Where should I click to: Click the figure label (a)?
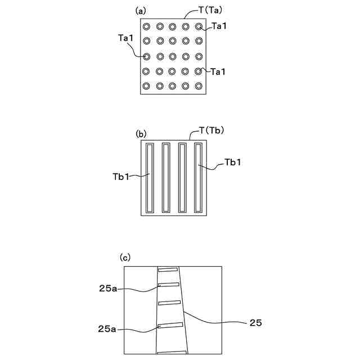(141, 11)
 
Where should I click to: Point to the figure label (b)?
(141, 134)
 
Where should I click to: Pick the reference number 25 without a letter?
(255, 323)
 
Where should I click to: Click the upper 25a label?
(108, 289)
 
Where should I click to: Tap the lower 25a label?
(108, 329)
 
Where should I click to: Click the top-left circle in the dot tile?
(146, 26)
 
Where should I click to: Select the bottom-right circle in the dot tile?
(199, 86)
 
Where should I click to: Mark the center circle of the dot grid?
(172, 56)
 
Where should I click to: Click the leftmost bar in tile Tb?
(149, 178)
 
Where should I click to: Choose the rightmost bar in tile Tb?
(197, 178)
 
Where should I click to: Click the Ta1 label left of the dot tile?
(126, 38)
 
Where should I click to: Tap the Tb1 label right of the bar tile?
(233, 163)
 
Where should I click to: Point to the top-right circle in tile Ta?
(199, 26)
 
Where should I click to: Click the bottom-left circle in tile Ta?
(146, 86)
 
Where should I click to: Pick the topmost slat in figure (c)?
(168, 270)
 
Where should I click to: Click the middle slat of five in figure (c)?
(170, 303)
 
